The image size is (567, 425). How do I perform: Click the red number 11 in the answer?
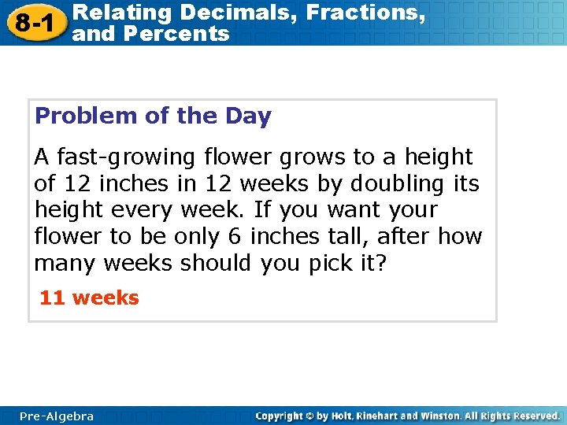coord(52,298)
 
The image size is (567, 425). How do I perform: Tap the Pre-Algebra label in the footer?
coord(57,416)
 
